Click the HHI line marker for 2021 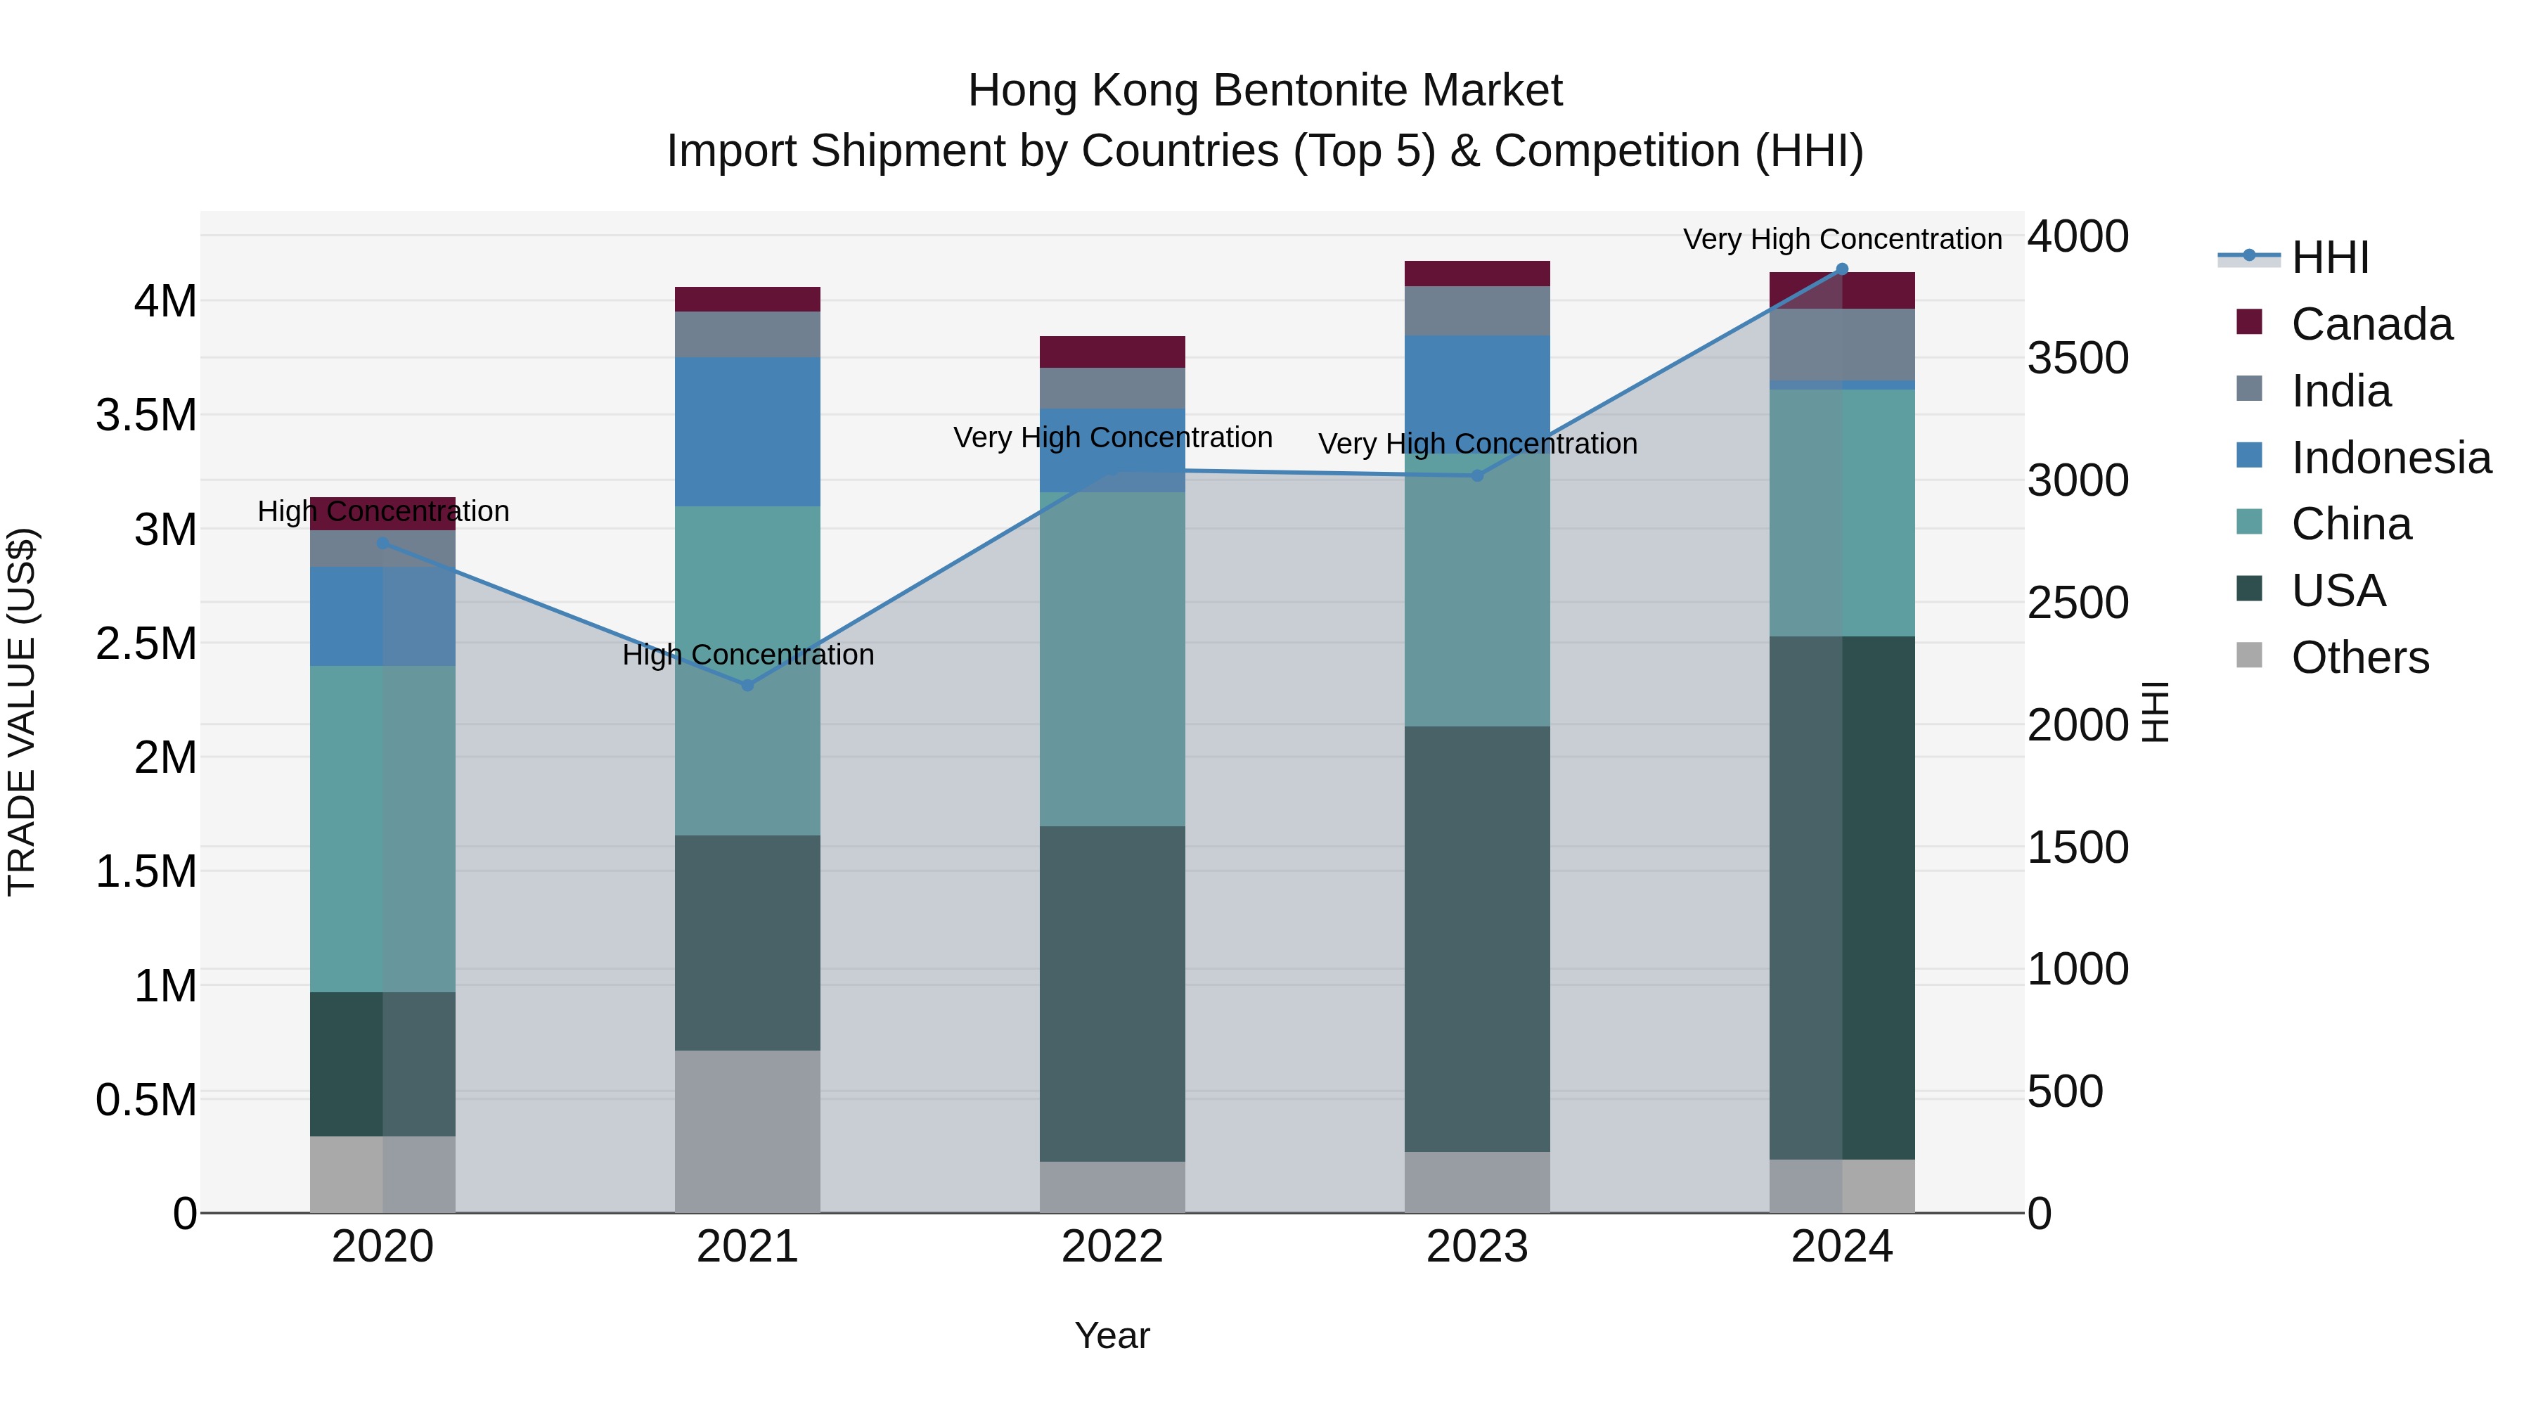coord(748,685)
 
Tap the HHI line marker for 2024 coord(1842,269)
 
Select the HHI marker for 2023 coord(1476,475)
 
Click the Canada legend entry coord(2371,324)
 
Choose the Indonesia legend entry coord(2390,458)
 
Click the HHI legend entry coord(2330,257)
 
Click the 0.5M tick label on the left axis coord(146,1101)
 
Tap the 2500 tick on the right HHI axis coord(2077,603)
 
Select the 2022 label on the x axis coord(1112,1247)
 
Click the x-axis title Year coord(1112,1335)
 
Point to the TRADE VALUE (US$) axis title coord(22,712)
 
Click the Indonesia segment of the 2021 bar coord(748,432)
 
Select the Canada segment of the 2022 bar coord(1112,352)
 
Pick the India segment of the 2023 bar coord(1476,311)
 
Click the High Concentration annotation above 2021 coord(748,655)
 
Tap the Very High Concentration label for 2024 coord(1842,239)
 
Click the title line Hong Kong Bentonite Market coord(1265,91)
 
